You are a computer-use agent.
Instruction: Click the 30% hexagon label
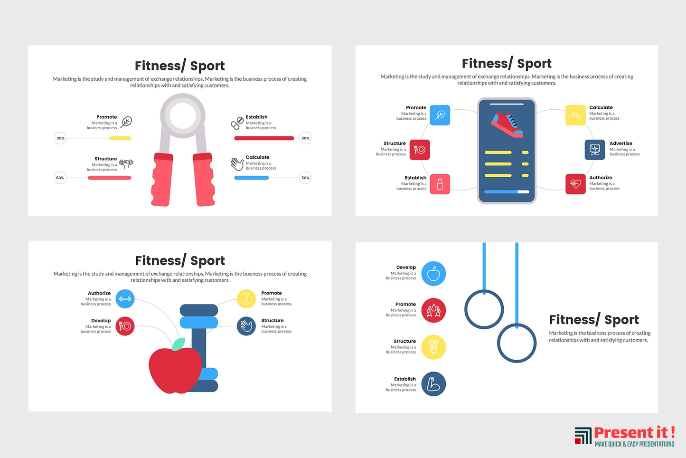[60, 138]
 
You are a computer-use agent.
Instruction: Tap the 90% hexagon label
[305, 138]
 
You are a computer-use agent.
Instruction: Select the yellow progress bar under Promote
[121, 138]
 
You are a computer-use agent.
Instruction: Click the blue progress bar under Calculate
[252, 178]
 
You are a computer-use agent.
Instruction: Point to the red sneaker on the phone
[507, 124]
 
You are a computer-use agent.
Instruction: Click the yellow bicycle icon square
[575, 115]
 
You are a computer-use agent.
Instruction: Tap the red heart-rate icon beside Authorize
[575, 184]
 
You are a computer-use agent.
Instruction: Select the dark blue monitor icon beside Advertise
[595, 150]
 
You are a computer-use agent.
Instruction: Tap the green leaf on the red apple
[179, 344]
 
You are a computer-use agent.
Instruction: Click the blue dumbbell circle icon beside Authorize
[125, 298]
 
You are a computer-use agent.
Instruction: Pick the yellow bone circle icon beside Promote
[246, 298]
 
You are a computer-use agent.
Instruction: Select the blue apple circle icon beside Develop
[433, 274]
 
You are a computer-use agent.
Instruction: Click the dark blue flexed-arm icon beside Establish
[433, 384]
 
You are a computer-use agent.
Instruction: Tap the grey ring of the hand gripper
[183, 116]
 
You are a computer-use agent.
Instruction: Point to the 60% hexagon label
[60, 178]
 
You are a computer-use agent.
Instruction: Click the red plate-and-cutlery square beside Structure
[420, 150]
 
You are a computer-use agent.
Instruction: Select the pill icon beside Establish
[237, 123]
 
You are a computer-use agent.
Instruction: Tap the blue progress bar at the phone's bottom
[501, 192]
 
